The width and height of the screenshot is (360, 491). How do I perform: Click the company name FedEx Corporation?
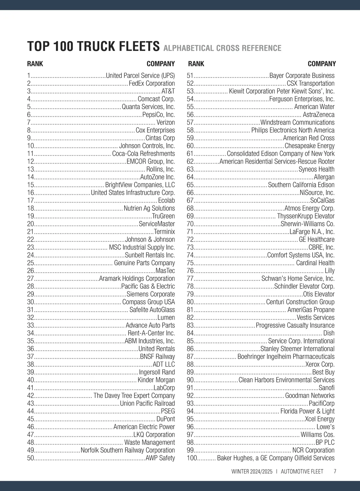[x=151, y=83]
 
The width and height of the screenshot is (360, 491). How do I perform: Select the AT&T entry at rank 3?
[x=168, y=91]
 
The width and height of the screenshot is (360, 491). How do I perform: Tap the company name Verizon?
[x=166, y=122]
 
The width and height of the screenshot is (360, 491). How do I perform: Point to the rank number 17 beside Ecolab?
[x=31, y=200]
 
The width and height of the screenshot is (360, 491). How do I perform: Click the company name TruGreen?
[x=163, y=216]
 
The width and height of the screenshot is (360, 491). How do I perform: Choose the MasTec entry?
[x=165, y=270]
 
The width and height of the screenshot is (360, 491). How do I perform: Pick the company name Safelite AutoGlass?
[x=152, y=310]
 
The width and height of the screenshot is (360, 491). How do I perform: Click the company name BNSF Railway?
[x=157, y=356]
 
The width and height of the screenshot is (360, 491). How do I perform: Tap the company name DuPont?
[x=166, y=419]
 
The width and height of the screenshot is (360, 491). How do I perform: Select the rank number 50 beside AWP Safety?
[x=31, y=458]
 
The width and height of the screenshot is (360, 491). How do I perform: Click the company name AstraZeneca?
[x=319, y=115]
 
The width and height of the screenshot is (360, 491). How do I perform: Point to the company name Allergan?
[x=324, y=177]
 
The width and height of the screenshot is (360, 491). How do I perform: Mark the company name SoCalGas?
[x=322, y=200]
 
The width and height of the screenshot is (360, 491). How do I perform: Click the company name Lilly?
[x=330, y=270]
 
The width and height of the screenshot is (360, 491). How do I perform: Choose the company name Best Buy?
[x=323, y=372]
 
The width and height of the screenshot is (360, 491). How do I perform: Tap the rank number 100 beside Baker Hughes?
[x=192, y=458]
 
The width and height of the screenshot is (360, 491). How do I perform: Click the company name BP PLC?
[x=325, y=442]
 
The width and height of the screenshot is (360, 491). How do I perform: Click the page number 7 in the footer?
[x=335, y=471]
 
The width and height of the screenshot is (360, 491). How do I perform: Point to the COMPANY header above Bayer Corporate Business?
[x=322, y=64]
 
